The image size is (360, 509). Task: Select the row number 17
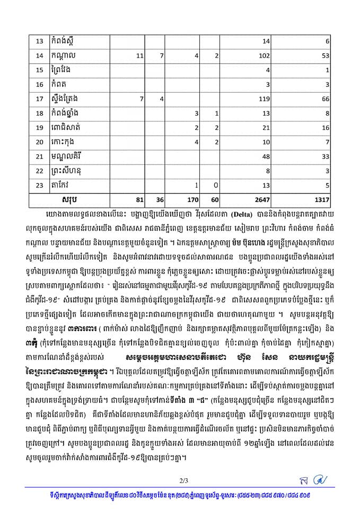(x=39, y=99)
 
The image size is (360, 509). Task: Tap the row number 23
(x=39, y=185)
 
